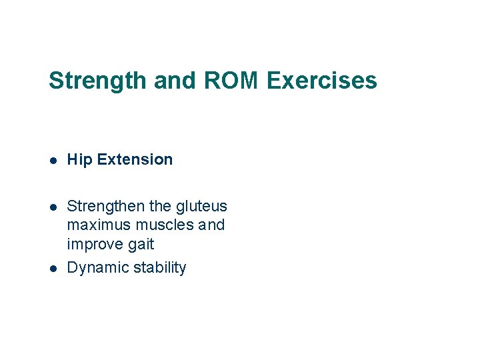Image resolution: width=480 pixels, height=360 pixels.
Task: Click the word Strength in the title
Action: click(x=98, y=81)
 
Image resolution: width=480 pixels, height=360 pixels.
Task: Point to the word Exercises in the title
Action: click(x=322, y=81)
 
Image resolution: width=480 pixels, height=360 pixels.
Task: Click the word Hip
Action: click(x=79, y=160)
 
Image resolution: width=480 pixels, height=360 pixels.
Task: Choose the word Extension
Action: click(x=135, y=159)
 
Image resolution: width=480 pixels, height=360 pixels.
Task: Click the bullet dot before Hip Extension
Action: click(x=53, y=160)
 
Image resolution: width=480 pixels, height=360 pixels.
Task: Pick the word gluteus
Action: click(x=202, y=207)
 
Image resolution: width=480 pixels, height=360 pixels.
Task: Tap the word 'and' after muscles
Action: click(x=211, y=225)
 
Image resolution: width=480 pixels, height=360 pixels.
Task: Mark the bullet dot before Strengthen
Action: click(x=53, y=207)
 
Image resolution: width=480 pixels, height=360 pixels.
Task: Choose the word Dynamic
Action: click(x=97, y=268)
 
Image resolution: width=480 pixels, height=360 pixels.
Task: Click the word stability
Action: click(x=159, y=268)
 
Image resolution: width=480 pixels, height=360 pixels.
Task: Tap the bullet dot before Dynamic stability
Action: click(x=53, y=268)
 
